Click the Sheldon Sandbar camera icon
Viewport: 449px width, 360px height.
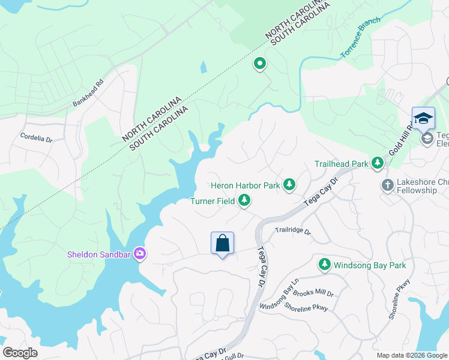(x=140, y=254)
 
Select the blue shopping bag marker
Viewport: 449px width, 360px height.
(x=222, y=244)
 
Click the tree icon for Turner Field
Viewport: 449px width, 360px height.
(x=244, y=201)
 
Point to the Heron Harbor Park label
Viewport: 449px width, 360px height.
(x=245, y=185)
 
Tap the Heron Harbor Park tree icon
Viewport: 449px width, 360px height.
(x=289, y=185)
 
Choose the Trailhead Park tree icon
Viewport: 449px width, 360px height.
(x=377, y=163)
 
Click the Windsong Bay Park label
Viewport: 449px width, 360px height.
(x=370, y=265)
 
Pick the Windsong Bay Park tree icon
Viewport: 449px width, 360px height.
(x=325, y=264)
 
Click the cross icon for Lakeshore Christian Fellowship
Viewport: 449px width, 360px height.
(x=387, y=185)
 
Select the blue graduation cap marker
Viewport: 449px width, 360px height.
(x=423, y=118)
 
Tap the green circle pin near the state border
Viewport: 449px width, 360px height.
(x=260, y=62)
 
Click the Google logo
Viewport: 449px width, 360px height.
(x=20, y=353)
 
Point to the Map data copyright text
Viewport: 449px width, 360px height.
(x=411, y=355)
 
